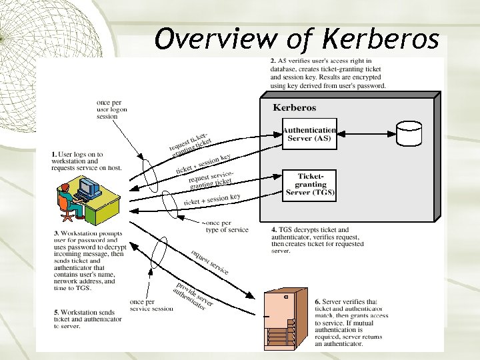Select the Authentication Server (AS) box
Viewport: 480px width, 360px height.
coord(309,134)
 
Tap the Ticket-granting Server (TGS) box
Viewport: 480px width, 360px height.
coord(310,185)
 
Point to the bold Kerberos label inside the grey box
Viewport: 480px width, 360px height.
coord(295,107)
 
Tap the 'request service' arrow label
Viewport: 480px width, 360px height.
coord(209,262)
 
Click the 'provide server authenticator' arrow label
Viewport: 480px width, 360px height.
coord(193,296)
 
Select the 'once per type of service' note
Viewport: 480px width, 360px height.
coord(227,226)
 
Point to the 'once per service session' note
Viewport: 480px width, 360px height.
coord(151,305)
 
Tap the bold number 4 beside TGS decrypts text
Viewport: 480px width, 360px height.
coord(274,230)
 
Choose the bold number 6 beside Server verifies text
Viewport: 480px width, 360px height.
coord(317,302)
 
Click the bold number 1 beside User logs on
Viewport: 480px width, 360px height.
coord(54,154)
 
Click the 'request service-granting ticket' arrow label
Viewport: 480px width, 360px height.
coord(210,178)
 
